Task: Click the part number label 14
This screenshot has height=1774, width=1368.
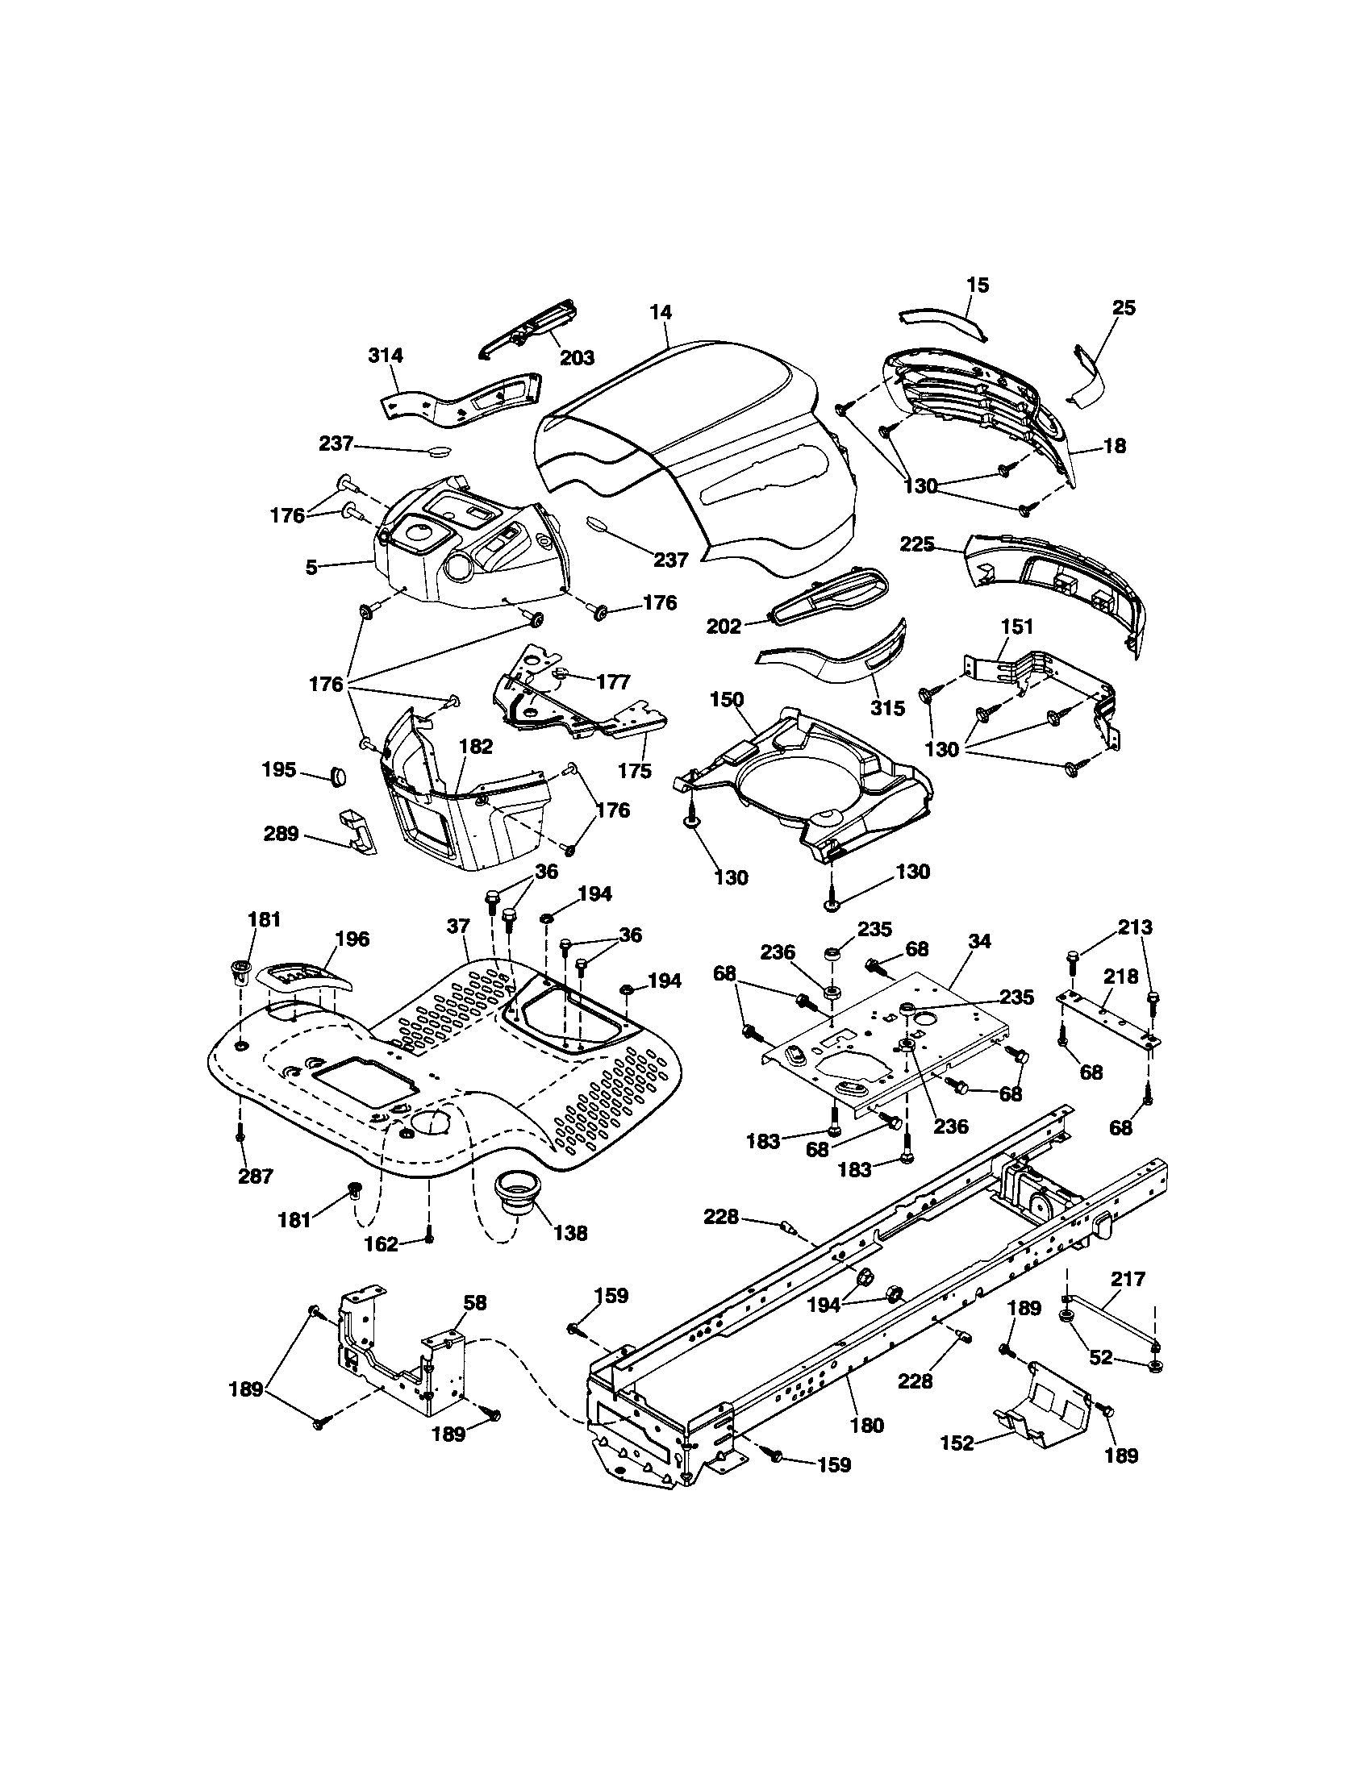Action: pos(661,311)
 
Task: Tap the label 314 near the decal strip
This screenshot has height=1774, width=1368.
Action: pos(385,355)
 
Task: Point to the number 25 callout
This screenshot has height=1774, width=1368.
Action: pos(1124,308)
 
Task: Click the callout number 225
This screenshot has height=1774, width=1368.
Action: pos(917,543)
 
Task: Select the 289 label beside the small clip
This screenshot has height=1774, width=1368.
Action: pos(281,835)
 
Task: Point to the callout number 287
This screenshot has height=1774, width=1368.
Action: pos(255,1176)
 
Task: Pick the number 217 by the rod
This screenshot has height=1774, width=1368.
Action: pos(1128,1280)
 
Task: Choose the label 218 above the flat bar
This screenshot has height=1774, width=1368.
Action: pos(1120,977)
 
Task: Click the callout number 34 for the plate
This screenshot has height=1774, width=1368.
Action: pos(980,941)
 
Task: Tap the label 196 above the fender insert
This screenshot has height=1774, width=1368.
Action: pos(352,939)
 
